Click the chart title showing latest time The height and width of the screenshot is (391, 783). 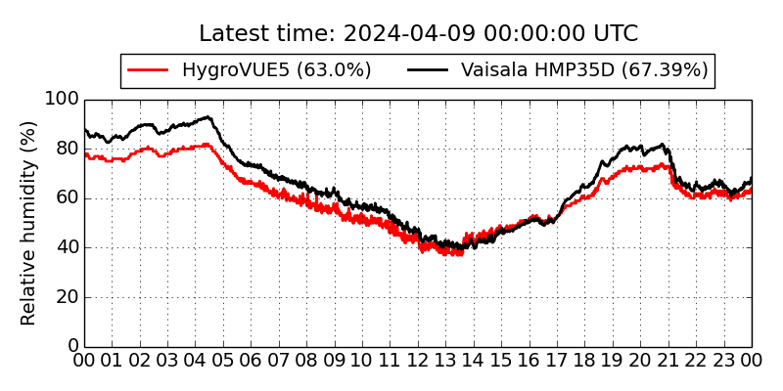(x=418, y=34)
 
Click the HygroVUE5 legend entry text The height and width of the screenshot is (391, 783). (x=277, y=70)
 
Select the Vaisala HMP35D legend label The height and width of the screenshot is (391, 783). (x=584, y=70)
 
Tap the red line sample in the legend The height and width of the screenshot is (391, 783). (x=150, y=70)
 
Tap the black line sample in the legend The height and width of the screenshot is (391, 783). (x=428, y=70)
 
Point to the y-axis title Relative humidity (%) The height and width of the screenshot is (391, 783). (x=28, y=223)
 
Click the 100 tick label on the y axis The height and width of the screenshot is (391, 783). (x=61, y=100)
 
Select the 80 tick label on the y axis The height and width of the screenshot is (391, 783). (x=66, y=149)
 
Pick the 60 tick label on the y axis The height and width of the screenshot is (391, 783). (x=66, y=198)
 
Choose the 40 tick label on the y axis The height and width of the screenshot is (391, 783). (x=66, y=247)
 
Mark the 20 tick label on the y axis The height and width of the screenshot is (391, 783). (x=66, y=297)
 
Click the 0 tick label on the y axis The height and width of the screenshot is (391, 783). (x=71, y=346)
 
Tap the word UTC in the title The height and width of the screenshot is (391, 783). (x=614, y=34)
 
